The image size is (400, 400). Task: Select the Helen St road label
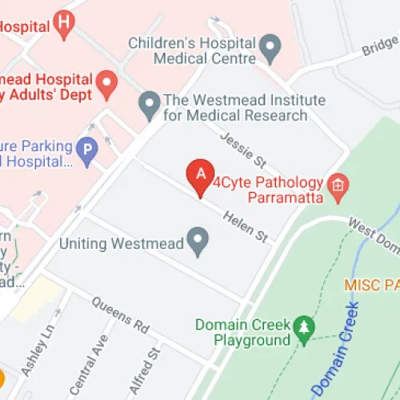pos(244,224)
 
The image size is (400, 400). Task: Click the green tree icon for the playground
pos(304,327)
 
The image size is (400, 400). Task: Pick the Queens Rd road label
pos(120,315)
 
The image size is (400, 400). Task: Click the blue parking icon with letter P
pos(86,148)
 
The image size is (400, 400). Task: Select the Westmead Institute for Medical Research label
pos(234,108)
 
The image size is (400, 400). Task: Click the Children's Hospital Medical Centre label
pos(194,50)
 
